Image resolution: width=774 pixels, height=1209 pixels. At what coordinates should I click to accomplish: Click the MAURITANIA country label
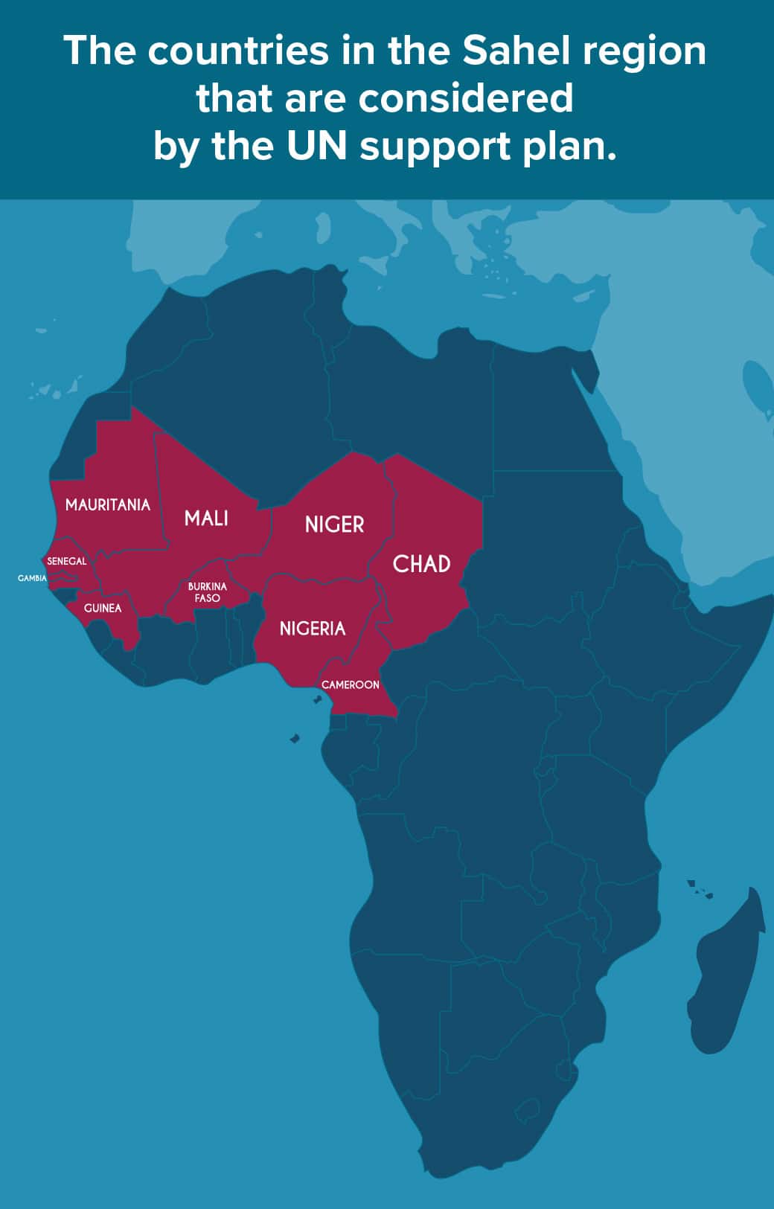click(x=108, y=504)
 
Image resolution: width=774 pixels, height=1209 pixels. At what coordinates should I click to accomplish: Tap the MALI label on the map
click(x=206, y=518)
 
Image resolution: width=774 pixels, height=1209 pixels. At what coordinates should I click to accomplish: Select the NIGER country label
click(x=334, y=525)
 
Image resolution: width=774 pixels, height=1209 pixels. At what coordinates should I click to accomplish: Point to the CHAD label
click(x=421, y=564)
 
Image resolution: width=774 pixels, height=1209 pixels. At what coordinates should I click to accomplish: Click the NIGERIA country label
click(x=313, y=629)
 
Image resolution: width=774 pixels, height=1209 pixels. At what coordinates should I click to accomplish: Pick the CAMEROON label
click(x=351, y=684)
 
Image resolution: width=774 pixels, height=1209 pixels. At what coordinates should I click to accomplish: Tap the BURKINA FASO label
click(x=207, y=592)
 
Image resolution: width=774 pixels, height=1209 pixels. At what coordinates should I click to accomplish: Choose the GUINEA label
click(x=103, y=608)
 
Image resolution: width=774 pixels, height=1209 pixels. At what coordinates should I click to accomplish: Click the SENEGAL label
click(x=67, y=561)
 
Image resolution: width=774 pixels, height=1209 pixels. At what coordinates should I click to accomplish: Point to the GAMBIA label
click(x=32, y=578)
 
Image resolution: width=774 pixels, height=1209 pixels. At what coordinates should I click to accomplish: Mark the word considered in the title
click(x=466, y=98)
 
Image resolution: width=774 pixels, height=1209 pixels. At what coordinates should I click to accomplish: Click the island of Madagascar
click(x=725, y=975)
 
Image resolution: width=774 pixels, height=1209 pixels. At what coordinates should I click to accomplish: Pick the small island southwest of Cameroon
click(x=295, y=738)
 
